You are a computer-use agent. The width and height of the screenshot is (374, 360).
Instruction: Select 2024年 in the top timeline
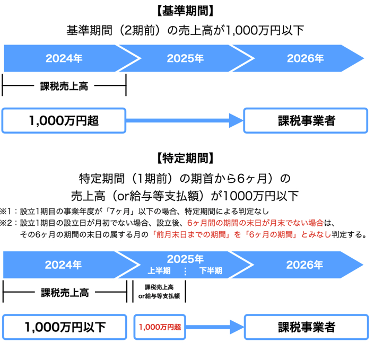pos(64,58)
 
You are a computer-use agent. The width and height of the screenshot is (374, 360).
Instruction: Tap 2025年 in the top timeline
pos(185,58)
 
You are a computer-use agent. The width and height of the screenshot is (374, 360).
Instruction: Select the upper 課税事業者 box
pos(306,121)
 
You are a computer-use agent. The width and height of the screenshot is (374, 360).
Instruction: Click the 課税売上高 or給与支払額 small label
pos(160,292)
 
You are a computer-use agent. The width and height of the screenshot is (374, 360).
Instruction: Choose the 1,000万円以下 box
pos(65,327)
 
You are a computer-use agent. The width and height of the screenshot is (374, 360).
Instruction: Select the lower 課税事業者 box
pos(306,327)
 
